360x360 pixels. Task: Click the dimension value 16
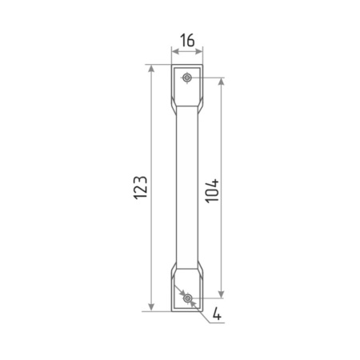(x=187, y=40)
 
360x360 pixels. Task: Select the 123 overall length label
(x=140, y=187)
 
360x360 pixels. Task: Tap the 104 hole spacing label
(x=212, y=191)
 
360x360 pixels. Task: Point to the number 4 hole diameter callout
(x=217, y=314)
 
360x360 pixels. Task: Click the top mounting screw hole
(x=187, y=78)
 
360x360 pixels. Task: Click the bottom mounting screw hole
(x=188, y=298)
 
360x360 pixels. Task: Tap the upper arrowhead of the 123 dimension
(x=151, y=68)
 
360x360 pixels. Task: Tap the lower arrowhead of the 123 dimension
(x=151, y=307)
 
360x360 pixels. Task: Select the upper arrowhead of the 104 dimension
(x=221, y=82)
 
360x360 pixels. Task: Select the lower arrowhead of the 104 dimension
(x=221, y=294)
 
